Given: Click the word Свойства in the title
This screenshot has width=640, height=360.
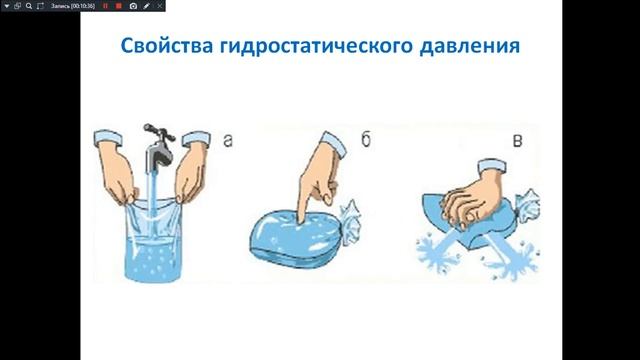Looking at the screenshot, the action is click(x=167, y=45).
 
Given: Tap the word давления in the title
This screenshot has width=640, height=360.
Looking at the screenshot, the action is click(x=470, y=47).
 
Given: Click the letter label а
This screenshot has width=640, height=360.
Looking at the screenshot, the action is click(x=228, y=140).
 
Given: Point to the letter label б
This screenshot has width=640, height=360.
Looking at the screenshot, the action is click(x=366, y=139).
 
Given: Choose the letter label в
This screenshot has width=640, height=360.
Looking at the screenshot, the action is click(x=517, y=141).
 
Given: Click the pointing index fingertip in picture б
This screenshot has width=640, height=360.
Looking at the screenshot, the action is click(x=302, y=220).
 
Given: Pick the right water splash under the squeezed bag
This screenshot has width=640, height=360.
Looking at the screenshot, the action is click(x=513, y=257).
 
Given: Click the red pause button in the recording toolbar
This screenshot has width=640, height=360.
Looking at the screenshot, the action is click(x=105, y=6).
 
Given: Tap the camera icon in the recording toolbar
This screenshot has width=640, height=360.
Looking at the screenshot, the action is click(x=133, y=6).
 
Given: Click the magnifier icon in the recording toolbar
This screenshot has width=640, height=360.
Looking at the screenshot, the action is click(x=29, y=6).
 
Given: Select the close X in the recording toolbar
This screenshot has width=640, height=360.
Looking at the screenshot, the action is click(x=160, y=6).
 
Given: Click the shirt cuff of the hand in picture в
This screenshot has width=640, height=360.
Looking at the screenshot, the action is click(x=492, y=166).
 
